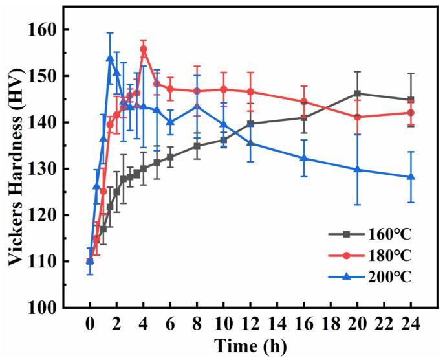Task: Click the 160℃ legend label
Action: coord(385,234)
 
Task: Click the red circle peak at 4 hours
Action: coord(144,49)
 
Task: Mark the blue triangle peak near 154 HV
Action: coord(110,58)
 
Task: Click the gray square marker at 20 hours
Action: coord(357,93)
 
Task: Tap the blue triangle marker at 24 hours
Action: coord(410,177)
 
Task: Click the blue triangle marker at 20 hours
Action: coord(357,170)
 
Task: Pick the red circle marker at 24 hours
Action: coord(410,113)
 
